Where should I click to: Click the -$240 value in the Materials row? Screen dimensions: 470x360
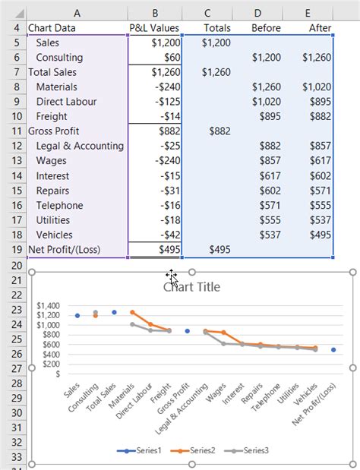pos(163,87)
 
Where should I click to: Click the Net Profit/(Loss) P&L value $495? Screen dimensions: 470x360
pos(168,250)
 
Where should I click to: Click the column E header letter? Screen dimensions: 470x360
pos(308,11)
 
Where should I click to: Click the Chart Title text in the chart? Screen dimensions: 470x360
pos(191,287)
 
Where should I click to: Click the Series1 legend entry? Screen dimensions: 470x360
pos(141,450)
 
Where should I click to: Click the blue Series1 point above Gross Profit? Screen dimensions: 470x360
pos(187,331)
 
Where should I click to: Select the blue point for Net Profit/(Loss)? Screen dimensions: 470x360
pos(333,349)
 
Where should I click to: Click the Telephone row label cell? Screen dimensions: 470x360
pos(59,205)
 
